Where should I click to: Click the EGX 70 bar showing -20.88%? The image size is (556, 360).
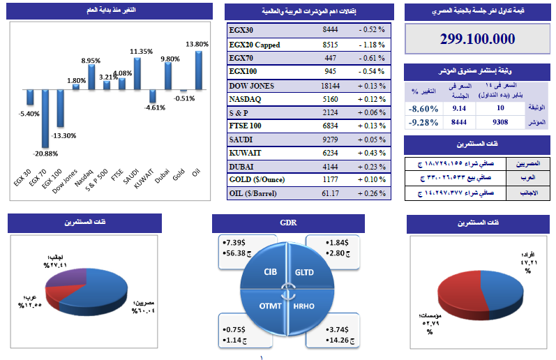45,118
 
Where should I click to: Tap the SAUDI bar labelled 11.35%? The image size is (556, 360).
137,73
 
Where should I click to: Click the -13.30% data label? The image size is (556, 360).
66,135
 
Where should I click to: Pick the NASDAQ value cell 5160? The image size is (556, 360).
331,100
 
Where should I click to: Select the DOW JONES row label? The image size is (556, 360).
252,86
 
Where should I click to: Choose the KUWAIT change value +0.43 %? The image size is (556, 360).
371,153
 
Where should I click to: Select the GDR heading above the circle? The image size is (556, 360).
289,224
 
